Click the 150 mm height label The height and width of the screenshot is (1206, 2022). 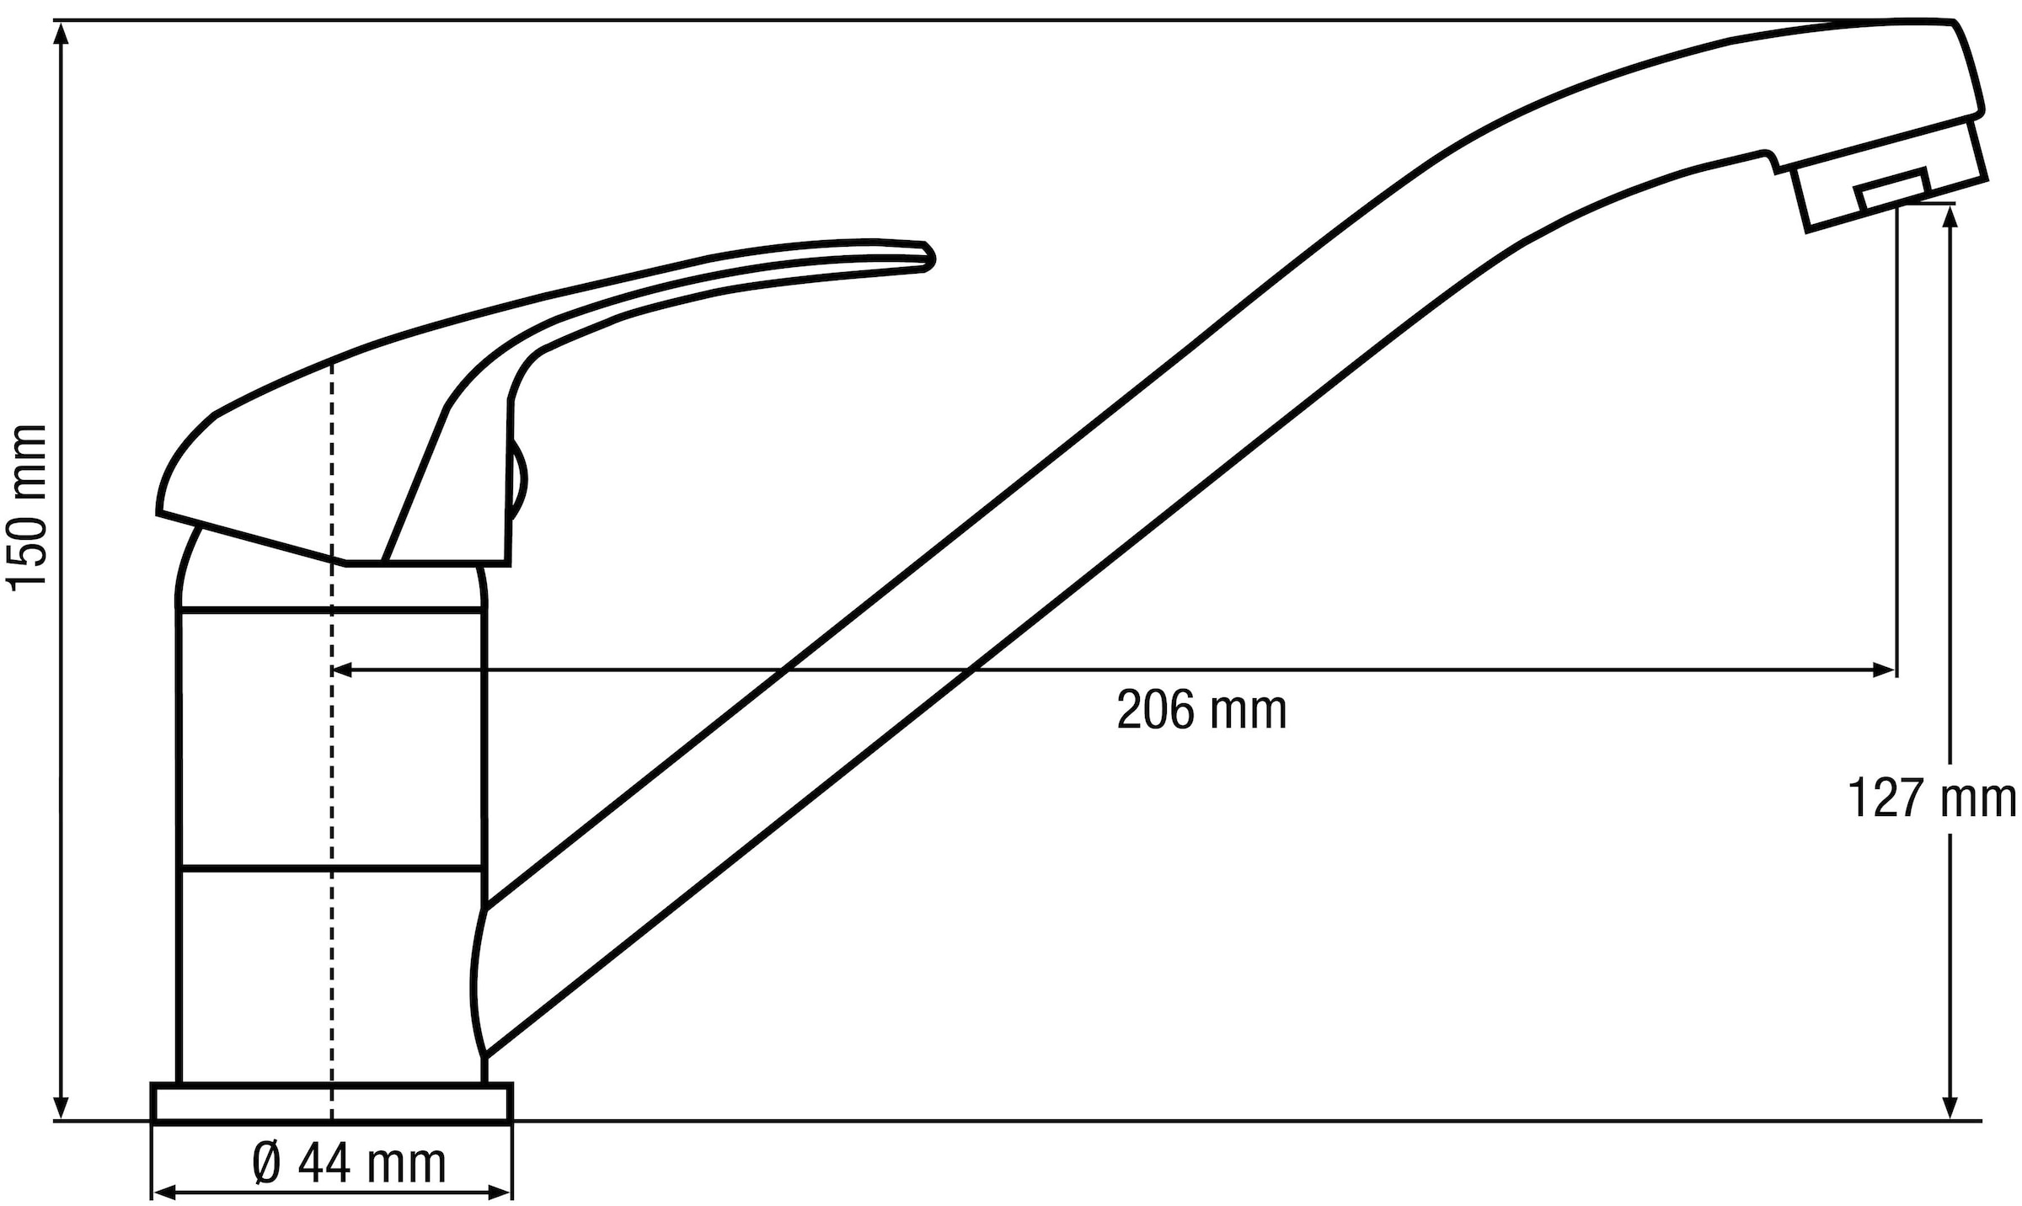[25, 507]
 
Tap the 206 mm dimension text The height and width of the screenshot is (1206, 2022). [1202, 711]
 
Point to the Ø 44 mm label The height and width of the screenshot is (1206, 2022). [349, 1164]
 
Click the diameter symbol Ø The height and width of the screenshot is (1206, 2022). [267, 1164]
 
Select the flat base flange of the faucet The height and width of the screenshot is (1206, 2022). [332, 1102]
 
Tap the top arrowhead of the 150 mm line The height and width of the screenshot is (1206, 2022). [61, 32]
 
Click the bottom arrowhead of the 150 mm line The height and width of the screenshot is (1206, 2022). [61, 1109]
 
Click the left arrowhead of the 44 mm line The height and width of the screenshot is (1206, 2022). [163, 1192]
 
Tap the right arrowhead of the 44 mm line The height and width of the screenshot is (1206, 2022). [501, 1192]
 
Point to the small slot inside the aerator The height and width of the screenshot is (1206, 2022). [1892, 189]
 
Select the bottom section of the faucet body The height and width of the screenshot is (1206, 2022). [332, 975]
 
